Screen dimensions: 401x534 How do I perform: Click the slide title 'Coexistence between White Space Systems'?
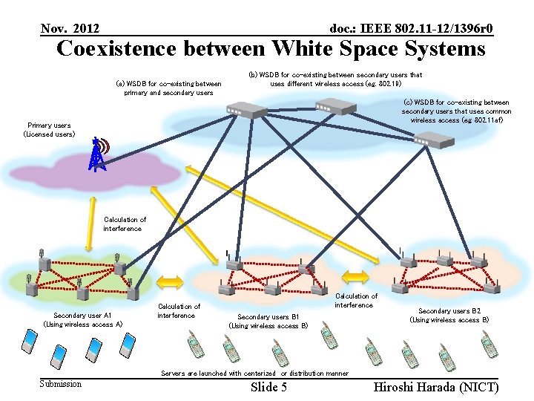[271, 49]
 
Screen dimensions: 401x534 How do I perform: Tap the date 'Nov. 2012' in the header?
[70, 28]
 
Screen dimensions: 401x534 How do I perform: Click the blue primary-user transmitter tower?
[96, 154]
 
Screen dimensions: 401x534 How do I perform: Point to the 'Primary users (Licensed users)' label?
[49, 130]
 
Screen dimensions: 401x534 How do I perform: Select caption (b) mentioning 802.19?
[335, 79]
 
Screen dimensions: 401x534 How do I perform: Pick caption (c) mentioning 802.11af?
[456, 111]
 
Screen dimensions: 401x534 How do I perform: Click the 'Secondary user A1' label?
[82, 319]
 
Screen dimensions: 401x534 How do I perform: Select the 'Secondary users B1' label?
[268, 321]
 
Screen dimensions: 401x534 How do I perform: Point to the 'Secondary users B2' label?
[449, 316]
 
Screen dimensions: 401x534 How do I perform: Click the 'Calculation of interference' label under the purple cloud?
[125, 224]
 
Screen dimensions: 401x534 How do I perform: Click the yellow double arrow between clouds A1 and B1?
[170, 281]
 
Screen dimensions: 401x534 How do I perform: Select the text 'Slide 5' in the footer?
[268, 387]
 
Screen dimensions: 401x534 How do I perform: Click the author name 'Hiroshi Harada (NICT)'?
[436, 387]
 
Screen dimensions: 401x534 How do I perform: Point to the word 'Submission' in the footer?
[61, 384]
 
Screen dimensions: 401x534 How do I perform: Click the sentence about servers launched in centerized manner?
[254, 374]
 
